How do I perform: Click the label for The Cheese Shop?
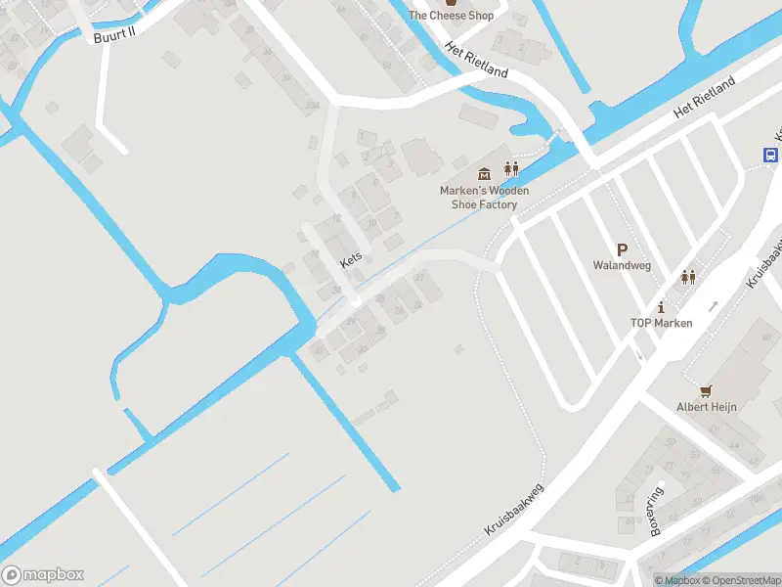point(451,15)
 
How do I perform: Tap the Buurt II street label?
point(113,37)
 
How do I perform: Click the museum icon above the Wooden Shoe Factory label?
point(484,171)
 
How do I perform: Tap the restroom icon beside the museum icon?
point(510,170)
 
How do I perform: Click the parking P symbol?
point(622,250)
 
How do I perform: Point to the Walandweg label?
point(622,265)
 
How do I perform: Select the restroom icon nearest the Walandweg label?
point(688,277)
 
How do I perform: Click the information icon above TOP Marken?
point(661,307)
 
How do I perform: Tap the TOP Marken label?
point(661,324)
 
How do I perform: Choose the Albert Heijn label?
point(707,407)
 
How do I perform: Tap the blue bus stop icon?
point(770,155)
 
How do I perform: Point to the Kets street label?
point(351,259)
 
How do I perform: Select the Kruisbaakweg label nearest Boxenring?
point(513,509)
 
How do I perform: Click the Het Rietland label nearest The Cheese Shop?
point(476,61)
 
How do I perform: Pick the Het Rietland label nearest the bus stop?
point(702,102)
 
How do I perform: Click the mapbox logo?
point(43,575)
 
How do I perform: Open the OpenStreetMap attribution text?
point(740,580)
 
